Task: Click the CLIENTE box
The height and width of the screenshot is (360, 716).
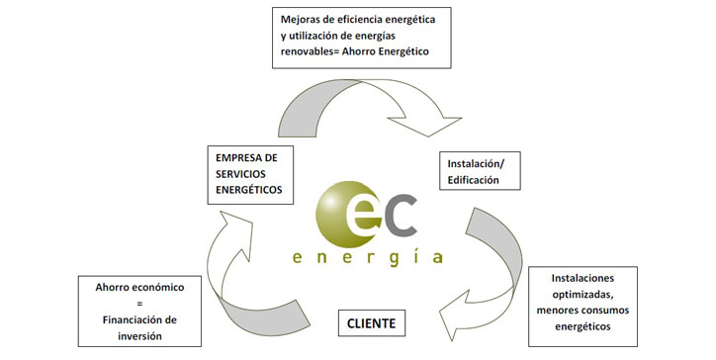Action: tap(371, 323)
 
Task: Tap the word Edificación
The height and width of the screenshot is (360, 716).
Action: tap(473, 180)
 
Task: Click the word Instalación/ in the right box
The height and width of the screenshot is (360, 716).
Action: tap(477, 163)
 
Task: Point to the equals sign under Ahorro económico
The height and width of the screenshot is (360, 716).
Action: tap(139, 304)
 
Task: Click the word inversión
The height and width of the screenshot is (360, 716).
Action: tap(139, 336)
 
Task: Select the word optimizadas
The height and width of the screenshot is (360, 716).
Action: tap(582, 294)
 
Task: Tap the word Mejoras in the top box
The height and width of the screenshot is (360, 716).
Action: tap(299, 20)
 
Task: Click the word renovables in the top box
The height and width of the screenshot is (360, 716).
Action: tap(305, 51)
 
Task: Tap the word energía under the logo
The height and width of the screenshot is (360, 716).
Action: tap(368, 258)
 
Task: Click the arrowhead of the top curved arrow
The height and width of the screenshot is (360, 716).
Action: tap(425, 126)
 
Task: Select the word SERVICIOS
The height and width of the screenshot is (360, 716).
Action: tap(240, 174)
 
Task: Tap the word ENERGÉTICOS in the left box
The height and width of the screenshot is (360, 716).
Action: tap(249, 190)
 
